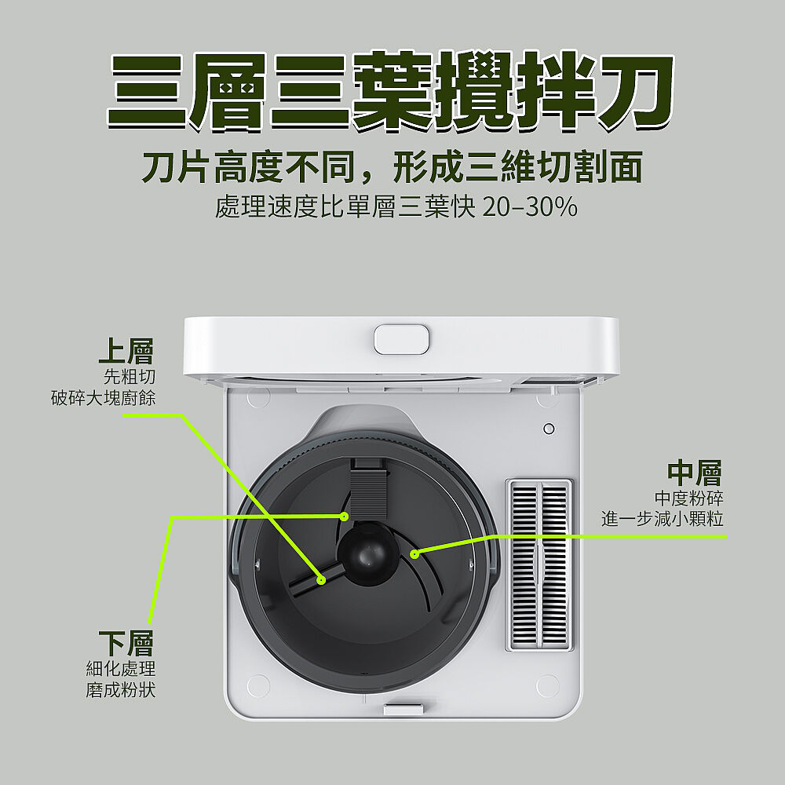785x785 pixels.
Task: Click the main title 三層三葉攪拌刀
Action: pos(391,91)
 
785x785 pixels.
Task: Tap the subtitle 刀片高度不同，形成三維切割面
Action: pos(392,167)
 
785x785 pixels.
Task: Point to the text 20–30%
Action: pos(530,206)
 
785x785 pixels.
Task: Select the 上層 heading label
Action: pos(126,351)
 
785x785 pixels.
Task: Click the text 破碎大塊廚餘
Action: pos(104,398)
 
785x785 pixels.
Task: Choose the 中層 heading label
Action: pos(695,473)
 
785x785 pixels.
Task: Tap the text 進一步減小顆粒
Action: pos(663,519)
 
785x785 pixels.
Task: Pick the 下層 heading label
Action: pos(126,644)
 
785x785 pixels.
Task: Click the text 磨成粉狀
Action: pos(121,690)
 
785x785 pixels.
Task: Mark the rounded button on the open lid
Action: pos(401,339)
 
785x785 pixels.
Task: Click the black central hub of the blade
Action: pos(368,553)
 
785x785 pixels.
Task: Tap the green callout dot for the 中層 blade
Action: pos(414,553)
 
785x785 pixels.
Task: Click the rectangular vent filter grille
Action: pos(539,564)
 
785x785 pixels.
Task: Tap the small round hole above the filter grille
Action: pos(549,429)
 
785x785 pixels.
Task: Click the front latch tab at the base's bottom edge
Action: pos(403,710)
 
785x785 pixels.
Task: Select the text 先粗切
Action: pos(130,377)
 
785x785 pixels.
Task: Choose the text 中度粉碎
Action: pos(689,498)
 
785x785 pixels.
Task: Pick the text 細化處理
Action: pos(121,668)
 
